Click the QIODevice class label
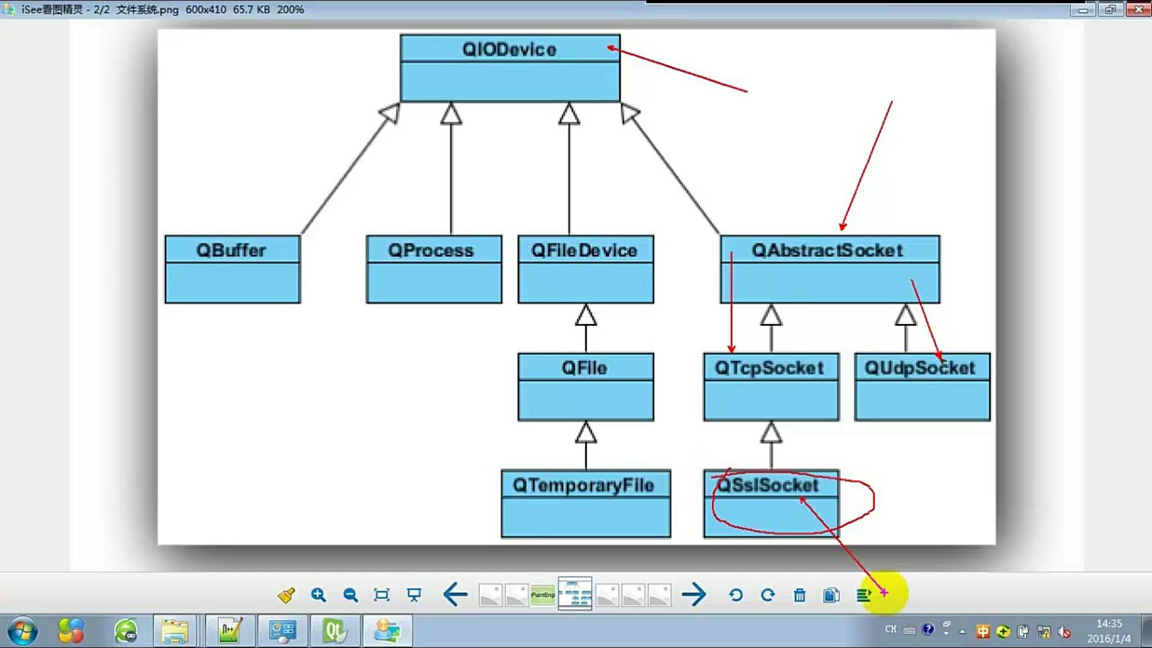509,49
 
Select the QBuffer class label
232,250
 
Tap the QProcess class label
431,250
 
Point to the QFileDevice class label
584,250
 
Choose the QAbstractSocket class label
827,250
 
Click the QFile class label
584,368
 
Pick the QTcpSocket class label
769,368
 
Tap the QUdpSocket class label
920,368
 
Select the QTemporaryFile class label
583,485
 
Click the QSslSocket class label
768,485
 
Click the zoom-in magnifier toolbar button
319,595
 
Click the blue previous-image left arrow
455,595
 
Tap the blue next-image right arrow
694,595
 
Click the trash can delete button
800,595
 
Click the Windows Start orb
23,631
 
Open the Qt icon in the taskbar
334,631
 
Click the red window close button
1138,10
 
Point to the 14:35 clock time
1109,624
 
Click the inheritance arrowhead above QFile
586,315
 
